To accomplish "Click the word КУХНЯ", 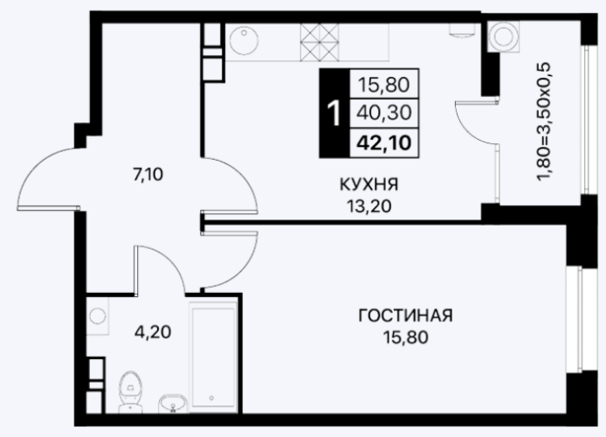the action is (x=368, y=184).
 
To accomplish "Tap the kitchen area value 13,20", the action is (x=368, y=206).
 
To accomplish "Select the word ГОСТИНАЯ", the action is (x=405, y=316).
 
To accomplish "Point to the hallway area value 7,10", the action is (x=148, y=175).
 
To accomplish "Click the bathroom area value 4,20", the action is (x=153, y=332).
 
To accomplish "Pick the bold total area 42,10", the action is (x=383, y=143).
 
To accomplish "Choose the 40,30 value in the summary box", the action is (x=384, y=113).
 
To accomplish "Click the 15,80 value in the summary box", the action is (x=384, y=84).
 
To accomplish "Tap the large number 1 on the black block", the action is (x=334, y=113).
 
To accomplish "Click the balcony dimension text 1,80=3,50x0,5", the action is (x=543, y=121).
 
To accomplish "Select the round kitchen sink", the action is (x=244, y=40).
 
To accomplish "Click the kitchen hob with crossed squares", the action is (x=320, y=42).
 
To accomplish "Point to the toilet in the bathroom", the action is (x=129, y=392).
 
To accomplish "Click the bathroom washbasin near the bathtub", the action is (x=173, y=403).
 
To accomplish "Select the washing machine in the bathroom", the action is (x=98, y=316).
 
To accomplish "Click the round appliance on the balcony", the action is (x=504, y=36).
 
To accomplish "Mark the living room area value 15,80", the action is (x=405, y=337).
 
